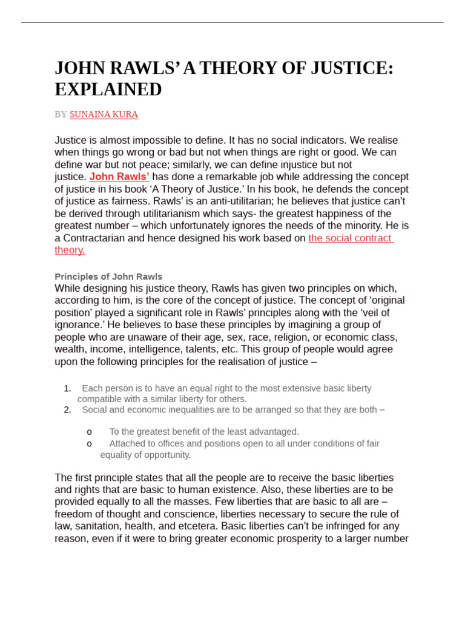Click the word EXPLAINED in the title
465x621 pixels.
(x=108, y=90)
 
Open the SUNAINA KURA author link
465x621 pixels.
(x=104, y=114)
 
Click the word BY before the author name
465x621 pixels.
(x=61, y=114)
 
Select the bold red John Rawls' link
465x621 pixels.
(x=119, y=177)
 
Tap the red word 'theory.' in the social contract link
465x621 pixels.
(x=70, y=250)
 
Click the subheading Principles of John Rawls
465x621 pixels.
(x=108, y=277)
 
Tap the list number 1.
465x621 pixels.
(x=67, y=388)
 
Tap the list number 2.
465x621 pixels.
(x=67, y=409)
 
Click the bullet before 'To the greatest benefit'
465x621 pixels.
(x=89, y=432)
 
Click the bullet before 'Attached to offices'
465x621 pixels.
(x=89, y=444)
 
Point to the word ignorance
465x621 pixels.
(x=76, y=325)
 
